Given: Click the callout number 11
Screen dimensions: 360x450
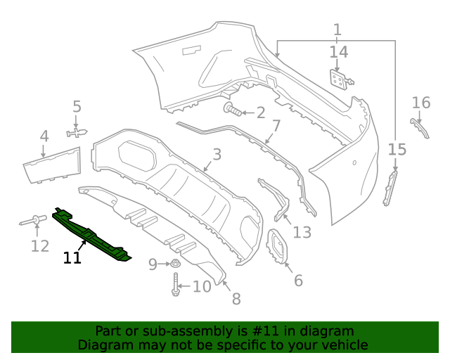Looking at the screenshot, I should [72, 257].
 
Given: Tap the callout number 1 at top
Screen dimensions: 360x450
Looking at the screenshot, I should [337, 30].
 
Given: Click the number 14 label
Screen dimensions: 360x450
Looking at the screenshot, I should [338, 52].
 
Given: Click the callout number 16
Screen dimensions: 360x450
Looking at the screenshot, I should [420, 103].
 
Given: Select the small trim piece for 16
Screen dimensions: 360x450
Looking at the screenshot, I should [420, 129].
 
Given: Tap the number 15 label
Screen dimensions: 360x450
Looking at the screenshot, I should [397, 149].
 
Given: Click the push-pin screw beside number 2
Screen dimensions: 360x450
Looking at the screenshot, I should [233, 110].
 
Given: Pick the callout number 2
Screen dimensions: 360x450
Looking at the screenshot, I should [260, 112].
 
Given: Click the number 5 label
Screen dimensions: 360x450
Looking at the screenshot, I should [77, 107].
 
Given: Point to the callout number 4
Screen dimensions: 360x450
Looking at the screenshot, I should [44, 136].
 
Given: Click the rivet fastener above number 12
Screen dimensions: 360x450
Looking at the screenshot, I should [32, 222].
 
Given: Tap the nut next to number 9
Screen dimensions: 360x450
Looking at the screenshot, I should [174, 264].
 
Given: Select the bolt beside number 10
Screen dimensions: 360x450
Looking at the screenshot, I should [175, 285].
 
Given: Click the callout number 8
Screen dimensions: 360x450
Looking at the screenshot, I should [236, 299].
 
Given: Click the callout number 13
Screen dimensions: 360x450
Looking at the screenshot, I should [302, 232].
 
